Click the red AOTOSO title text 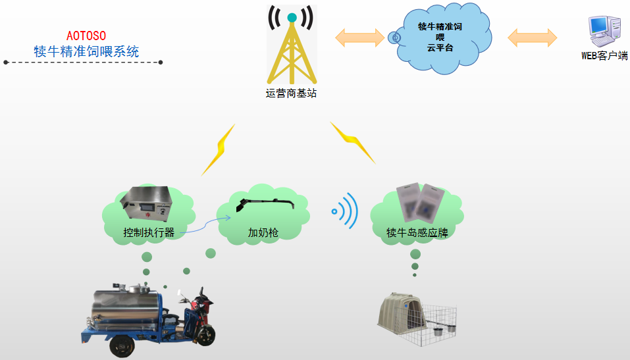coord(86,35)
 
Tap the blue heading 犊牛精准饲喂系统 coord(86,51)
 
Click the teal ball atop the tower coord(292,18)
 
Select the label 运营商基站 coord(291,93)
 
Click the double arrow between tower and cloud coord(359,37)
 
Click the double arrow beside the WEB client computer coord(532,37)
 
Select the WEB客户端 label coord(604,56)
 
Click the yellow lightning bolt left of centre coord(219,150)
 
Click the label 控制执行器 coord(149,232)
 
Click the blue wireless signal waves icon coord(346,211)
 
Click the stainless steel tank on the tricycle coord(128,310)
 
